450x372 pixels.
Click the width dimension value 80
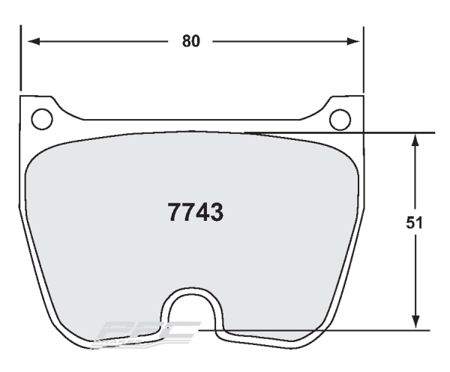(191, 41)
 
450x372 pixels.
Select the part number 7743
(193, 213)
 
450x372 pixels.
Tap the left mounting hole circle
(42, 118)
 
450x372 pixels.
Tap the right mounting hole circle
(340, 118)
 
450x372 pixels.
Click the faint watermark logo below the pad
(150, 332)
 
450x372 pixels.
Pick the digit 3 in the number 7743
(216, 213)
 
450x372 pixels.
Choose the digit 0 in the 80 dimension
(196, 41)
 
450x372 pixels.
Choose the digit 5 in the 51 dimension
(411, 223)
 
